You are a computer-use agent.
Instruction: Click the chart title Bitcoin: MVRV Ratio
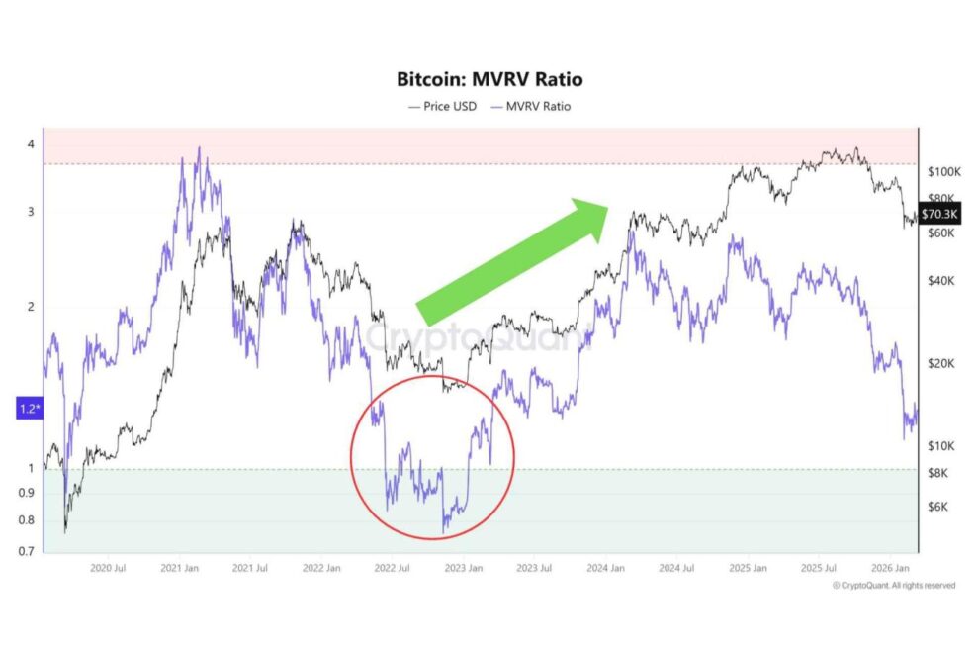tap(489, 79)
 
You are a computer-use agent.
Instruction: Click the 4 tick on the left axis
tap(31, 144)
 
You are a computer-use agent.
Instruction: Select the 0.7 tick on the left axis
tap(31, 551)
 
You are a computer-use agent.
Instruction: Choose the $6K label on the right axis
tap(938, 506)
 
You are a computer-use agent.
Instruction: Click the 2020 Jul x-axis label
tap(107, 568)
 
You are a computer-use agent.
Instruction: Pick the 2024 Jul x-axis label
tap(676, 568)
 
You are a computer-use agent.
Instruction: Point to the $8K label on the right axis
tap(938, 472)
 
